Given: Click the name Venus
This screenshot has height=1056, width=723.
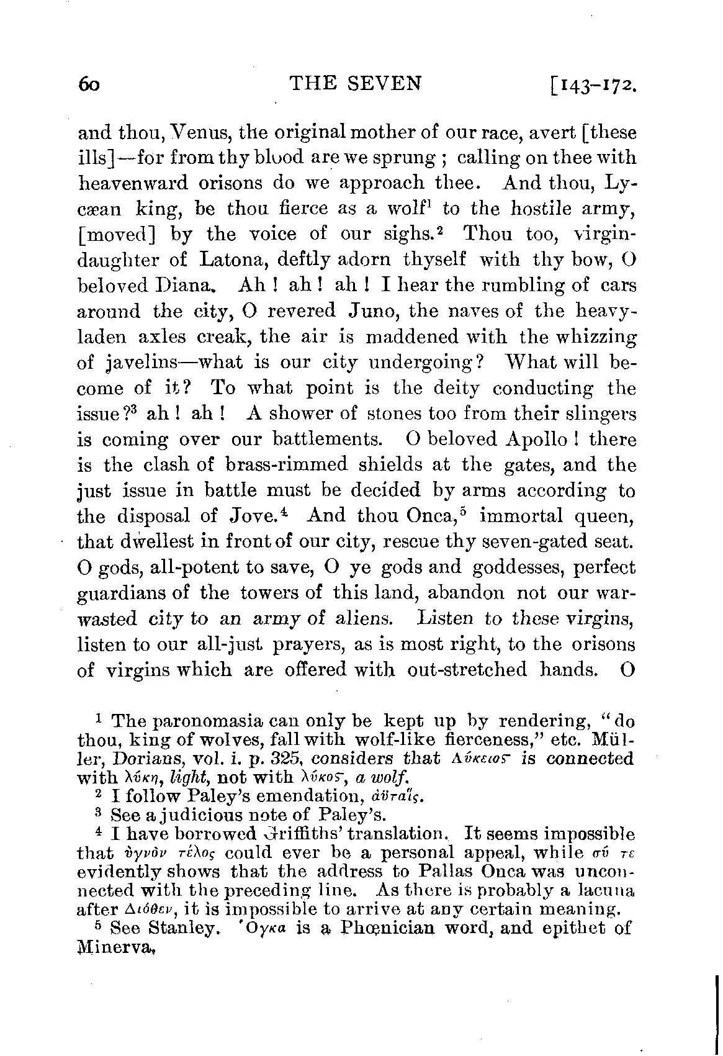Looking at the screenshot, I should [x=189, y=133].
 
